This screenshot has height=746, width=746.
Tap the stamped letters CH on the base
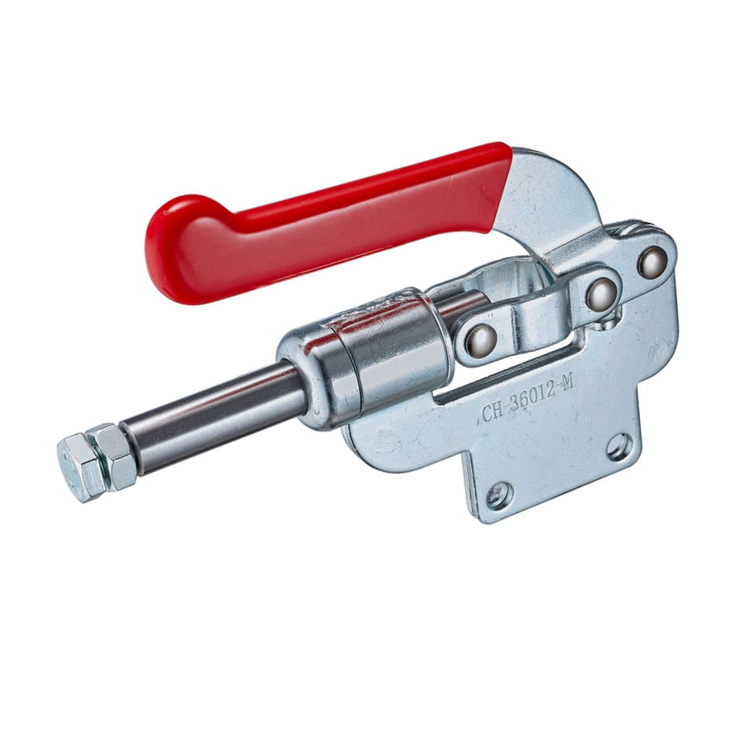coord(492,410)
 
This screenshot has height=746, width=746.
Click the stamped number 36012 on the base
coord(532,393)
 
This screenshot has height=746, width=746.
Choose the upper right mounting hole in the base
coord(619,447)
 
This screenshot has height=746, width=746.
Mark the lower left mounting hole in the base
coord(498,496)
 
